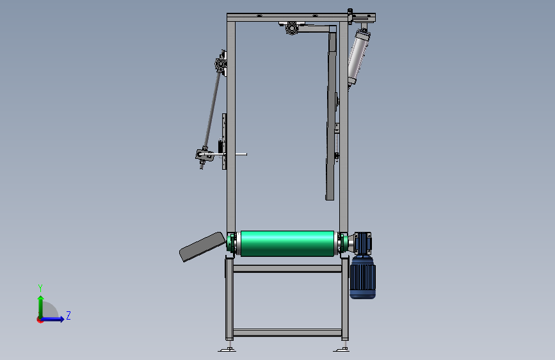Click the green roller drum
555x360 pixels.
(287, 243)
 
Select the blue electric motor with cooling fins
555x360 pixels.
(363, 278)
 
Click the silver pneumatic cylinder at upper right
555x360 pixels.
(358, 58)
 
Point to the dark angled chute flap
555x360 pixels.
(202, 247)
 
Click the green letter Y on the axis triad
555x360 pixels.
(40, 288)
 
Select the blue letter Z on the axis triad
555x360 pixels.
(68, 315)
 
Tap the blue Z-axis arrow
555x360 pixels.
(52, 319)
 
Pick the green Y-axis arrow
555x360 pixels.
(41, 307)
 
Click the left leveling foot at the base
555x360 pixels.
(227, 349)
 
